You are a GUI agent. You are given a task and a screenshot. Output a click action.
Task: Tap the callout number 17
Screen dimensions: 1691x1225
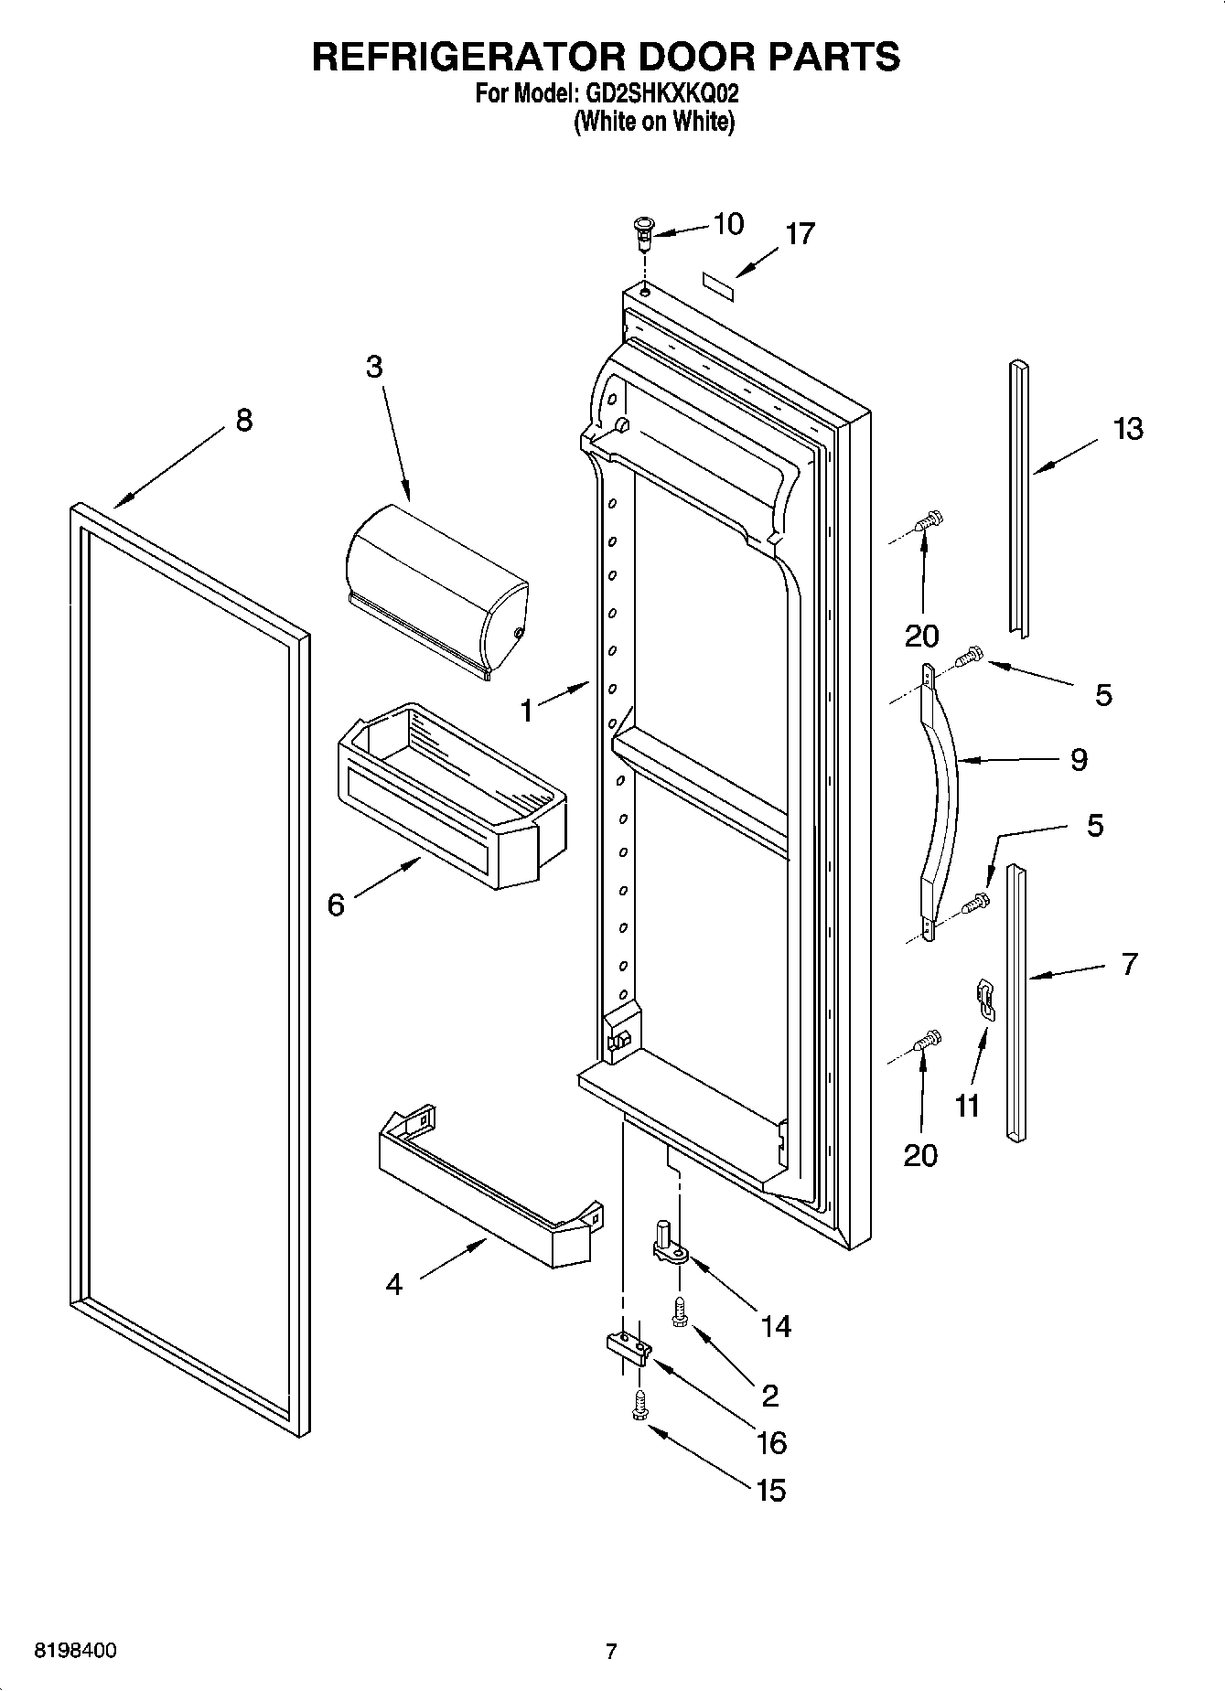(800, 234)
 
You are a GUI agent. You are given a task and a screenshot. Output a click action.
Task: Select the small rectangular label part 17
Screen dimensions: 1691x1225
(719, 281)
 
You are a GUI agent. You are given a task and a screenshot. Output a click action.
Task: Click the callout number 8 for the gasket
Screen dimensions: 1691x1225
(243, 420)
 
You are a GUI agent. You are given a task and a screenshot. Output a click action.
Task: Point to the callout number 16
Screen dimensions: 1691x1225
(771, 1443)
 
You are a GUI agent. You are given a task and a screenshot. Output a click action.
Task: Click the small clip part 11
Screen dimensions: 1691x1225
(983, 998)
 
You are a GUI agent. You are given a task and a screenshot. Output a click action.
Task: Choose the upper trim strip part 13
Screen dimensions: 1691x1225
(1018, 494)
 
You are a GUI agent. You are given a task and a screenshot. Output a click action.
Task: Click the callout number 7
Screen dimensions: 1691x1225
(1129, 963)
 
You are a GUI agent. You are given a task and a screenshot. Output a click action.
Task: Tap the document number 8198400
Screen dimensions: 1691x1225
(75, 1651)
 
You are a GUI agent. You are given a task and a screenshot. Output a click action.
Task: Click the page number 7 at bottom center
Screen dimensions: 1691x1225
(611, 1651)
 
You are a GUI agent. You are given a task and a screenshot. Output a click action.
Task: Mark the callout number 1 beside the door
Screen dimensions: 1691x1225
(526, 710)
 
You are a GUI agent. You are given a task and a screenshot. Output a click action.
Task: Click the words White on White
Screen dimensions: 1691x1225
(654, 122)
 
